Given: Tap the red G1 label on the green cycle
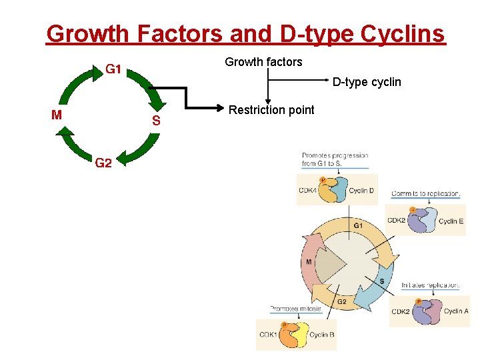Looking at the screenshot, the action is [x=112, y=69].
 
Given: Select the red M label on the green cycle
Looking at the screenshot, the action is [x=57, y=114].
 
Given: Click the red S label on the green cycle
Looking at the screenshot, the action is [x=155, y=121].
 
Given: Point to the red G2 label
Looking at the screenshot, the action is [x=103, y=162].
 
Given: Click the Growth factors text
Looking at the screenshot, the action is [x=263, y=62].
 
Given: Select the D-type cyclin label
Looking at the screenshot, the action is [x=367, y=82].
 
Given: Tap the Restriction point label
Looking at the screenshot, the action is [x=271, y=110].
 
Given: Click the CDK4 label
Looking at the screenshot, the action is [x=307, y=191].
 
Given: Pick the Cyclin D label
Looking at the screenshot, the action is [x=361, y=191].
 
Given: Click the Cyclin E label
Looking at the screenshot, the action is [x=451, y=221].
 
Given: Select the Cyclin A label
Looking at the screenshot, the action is [x=456, y=311].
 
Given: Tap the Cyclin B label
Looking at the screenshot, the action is [x=322, y=335].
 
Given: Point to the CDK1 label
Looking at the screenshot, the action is [x=268, y=335].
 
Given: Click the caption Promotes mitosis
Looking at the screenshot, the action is [x=295, y=309].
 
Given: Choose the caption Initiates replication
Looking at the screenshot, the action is [x=430, y=285].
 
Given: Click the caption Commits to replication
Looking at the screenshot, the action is [x=425, y=194].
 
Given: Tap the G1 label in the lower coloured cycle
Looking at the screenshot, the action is [x=358, y=225].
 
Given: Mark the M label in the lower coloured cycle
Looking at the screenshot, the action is [x=309, y=262].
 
